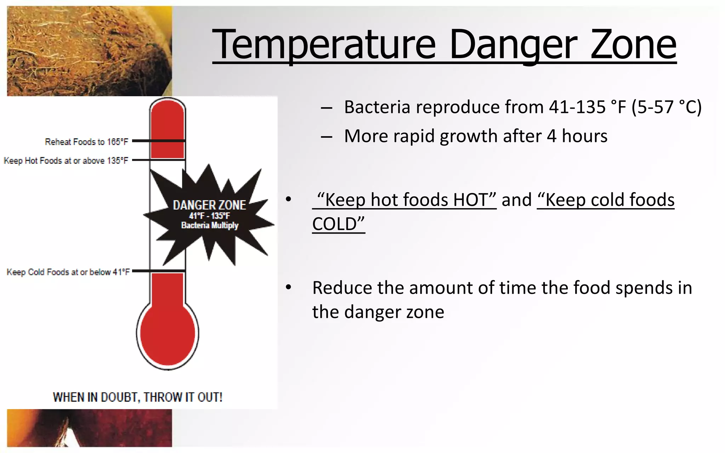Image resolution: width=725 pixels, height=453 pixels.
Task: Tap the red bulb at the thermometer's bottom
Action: [167, 333]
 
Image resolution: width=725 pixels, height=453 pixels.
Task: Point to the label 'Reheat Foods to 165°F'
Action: [86, 142]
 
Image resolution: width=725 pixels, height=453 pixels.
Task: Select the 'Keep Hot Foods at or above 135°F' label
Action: [66, 161]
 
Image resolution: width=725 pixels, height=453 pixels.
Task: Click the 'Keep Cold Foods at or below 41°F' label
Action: [68, 272]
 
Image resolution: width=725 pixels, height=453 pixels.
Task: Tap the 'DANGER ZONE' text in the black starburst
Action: [209, 205]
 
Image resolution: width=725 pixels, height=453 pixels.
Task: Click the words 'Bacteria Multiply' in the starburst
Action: [210, 225]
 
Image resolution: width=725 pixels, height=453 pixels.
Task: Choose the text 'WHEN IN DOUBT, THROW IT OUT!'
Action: [138, 397]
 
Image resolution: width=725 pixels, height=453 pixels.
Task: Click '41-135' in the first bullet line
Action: [577, 107]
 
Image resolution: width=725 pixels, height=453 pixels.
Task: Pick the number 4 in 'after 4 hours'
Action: [552, 136]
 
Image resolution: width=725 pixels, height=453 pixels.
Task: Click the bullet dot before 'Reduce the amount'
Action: [289, 287]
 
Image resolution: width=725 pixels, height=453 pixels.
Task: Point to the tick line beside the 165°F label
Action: [159, 141]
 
